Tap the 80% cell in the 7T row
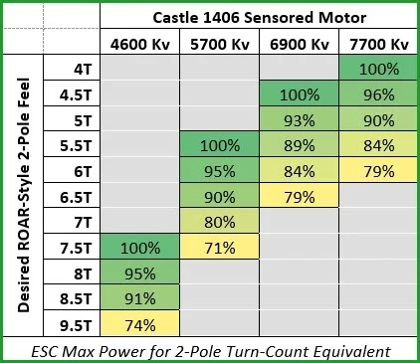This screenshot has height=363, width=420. [x=219, y=221]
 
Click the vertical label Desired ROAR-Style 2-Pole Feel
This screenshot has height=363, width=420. [x=27, y=195]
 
